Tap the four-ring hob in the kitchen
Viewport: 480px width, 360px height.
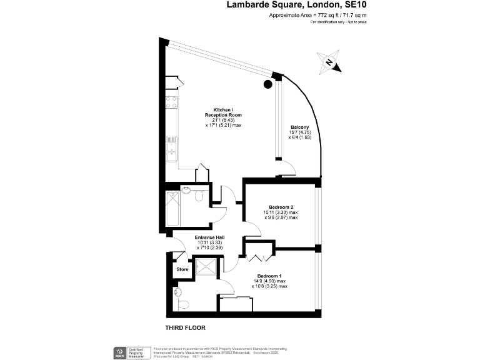click(172, 103)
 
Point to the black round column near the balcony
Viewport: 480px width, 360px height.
click(268, 84)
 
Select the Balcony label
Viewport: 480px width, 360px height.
click(299, 127)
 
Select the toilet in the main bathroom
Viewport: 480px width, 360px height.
click(198, 197)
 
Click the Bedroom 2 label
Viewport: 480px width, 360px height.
click(281, 207)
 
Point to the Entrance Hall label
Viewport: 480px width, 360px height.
click(210, 237)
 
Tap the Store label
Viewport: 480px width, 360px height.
click(182, 269)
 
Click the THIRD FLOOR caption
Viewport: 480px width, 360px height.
click(185, 327)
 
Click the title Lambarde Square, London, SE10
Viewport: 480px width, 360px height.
click(297, 5)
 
